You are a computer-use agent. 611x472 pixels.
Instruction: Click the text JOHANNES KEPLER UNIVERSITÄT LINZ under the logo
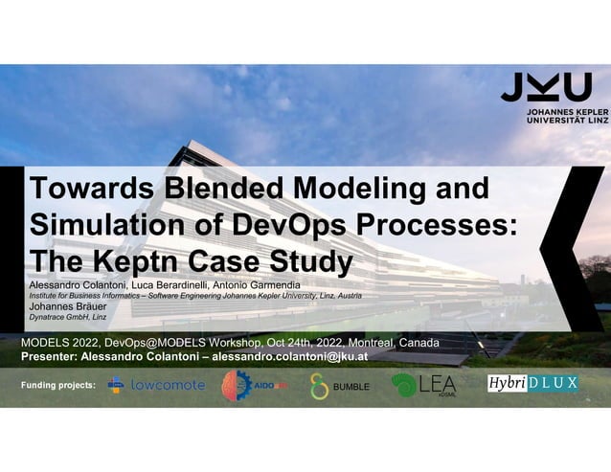coord(559,117)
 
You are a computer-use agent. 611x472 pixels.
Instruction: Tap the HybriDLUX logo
coord(533,383)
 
